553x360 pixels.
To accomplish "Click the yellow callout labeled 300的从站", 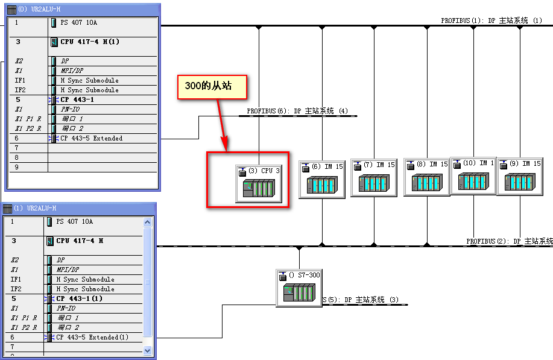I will tap(213, 87).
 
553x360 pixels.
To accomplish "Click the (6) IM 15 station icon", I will tap(322, 179).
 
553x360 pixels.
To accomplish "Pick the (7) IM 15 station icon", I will tap(374, 179).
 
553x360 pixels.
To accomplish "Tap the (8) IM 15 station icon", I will tap(427, 178).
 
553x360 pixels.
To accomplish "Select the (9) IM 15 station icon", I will tap(520, 178).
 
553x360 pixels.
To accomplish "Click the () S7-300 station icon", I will tap(299, 288).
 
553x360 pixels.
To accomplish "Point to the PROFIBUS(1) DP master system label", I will tap(491, 21).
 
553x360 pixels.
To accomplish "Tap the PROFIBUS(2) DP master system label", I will tap(510, 241).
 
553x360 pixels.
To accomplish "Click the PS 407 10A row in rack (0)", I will tap(78, 22).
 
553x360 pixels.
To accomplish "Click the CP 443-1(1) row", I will tap(79, 298).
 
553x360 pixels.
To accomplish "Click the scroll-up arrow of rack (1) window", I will tap(148, 222).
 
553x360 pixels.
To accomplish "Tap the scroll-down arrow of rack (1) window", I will tap(148, 350).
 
